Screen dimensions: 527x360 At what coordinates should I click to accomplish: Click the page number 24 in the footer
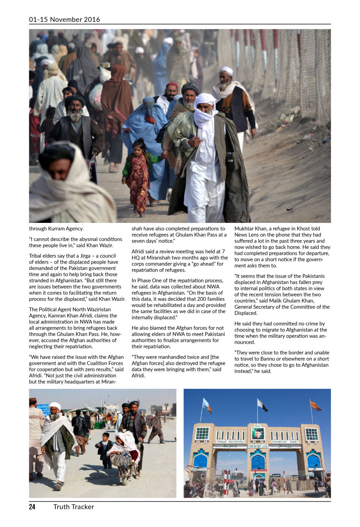tap(32, 507)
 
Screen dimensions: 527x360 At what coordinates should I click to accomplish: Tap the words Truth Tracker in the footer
tap(74, 507)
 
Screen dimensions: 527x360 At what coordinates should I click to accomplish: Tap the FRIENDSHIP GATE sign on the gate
tap(258, 446)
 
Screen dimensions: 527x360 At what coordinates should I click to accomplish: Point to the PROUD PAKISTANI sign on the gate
tap(230, 442)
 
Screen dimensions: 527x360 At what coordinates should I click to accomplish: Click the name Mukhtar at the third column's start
tap(245, 228)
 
